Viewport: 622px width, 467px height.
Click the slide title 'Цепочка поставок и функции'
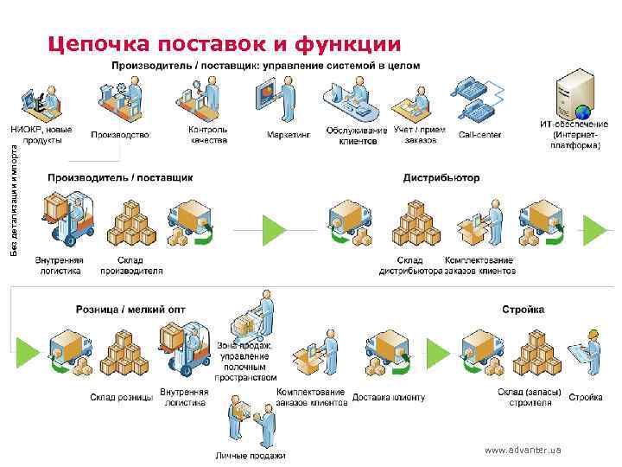(x=224, y=44)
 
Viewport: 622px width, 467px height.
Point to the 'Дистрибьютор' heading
(x=441, y=178)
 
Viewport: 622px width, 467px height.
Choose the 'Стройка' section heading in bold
(x=523, y=309)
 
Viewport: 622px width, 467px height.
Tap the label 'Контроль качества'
(x=207, y=135)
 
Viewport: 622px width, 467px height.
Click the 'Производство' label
(x=119, y=135)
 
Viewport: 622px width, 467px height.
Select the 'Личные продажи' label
(x=250, y=456)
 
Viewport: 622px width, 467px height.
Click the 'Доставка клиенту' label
(x=389, y=398)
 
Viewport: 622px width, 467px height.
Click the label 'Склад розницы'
(x=121, y=398)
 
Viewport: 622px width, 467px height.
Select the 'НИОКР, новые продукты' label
(x=41, y=135)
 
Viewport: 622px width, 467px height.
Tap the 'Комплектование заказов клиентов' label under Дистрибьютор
(x=479, y=265)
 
